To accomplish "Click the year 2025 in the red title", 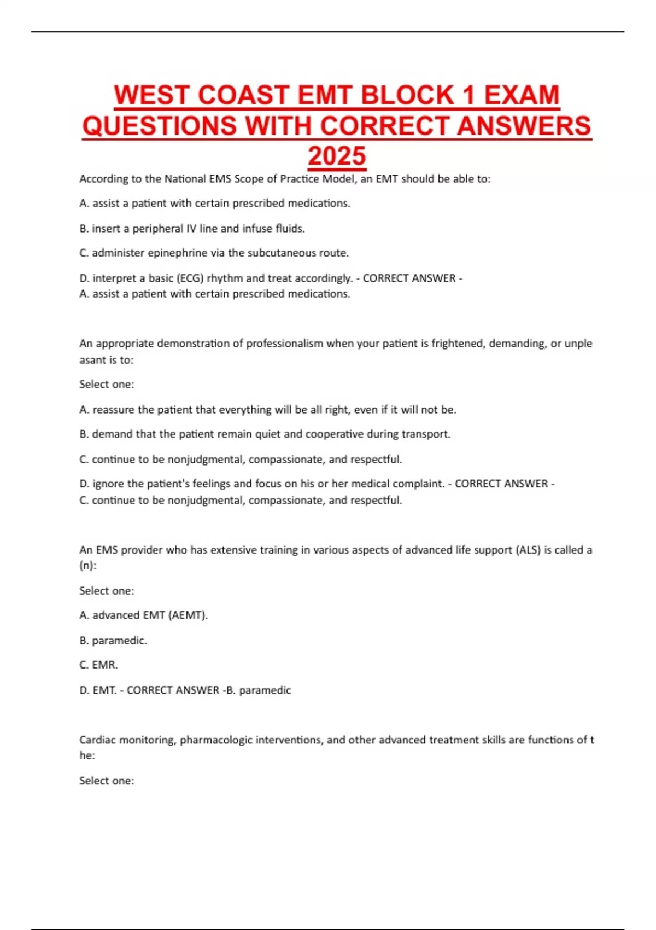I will point(337,156).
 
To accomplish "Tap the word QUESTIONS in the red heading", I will point(160,126).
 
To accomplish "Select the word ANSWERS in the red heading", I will point(524,126).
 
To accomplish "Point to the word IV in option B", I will point(191,229).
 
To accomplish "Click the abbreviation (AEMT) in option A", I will point(188,615).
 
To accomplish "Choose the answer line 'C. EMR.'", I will point(99,665).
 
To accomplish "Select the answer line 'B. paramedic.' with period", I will point(113,640).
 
